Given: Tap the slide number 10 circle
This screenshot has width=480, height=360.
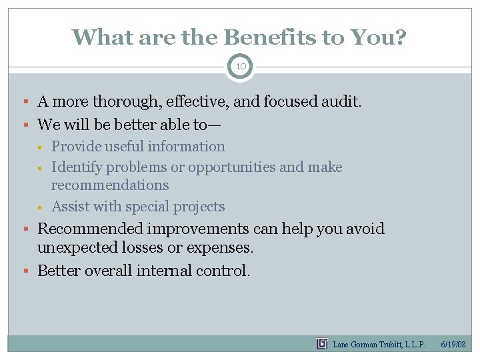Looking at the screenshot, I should click(x=239, y=67).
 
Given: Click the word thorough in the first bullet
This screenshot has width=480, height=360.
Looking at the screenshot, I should click(x=129, y=102).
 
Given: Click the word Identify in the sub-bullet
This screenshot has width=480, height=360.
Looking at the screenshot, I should click(x=77, y=167).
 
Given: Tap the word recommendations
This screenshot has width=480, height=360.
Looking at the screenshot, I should click(x=110, y=185).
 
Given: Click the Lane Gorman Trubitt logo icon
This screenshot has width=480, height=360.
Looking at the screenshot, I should click(x=322, y=344).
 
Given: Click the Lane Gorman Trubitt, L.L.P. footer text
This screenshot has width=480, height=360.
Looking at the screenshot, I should click(x=379, y=345).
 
